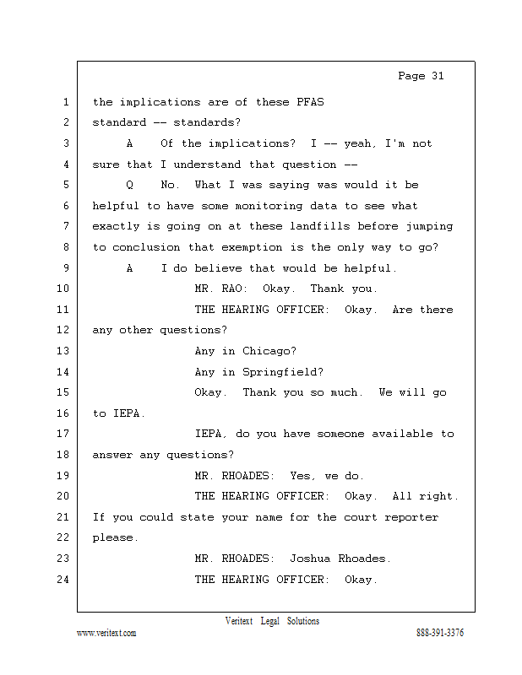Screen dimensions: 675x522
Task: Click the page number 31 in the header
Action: pyautogui.click(x=437, y=76)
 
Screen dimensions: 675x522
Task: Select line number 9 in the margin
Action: pyautogui.click(x=66, y=268)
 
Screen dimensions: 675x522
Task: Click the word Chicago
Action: pyautogui.click(x=269, y=351)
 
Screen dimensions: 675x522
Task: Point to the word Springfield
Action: pyautogui.click(x=283, y=372)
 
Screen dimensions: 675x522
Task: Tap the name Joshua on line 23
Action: pyautogui.click(x=310, y=559)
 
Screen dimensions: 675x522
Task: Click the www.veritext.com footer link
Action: pyautogui.click(x=106, y=633)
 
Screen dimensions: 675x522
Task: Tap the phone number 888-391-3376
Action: pyautogui.click(x=440, y=633)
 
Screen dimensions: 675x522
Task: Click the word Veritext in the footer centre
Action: pyautogui.click(x=239, y=621)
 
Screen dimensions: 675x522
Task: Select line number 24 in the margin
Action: pyautogui.click(x=63, y=580)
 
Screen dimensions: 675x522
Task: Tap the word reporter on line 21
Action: pyautogui.click(x=411, y=517)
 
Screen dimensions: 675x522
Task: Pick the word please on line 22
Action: pyautogui.click(x=113, y=537)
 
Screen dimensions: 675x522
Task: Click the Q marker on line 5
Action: pyautogui.click(x=130, y=185)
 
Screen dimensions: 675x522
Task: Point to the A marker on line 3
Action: pyautogui.click(x=130, y=143)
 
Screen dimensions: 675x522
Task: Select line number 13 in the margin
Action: pyautogui.click(x=63, y=351)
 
